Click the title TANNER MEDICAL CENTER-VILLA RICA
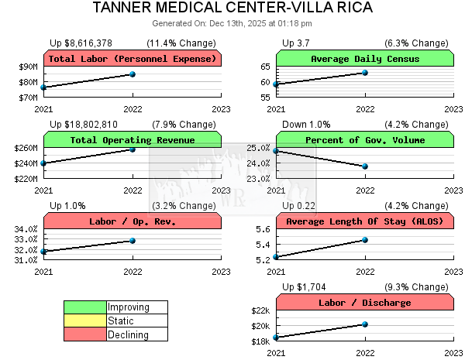232,8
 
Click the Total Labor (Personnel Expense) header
133,59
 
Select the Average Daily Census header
365,59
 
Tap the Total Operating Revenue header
133,140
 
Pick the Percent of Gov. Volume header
365,140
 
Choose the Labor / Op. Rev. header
133,221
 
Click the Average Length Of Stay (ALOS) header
365,221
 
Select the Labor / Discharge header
365,303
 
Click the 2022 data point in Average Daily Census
365,73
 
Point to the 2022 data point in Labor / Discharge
365,324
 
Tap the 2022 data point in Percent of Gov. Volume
365,166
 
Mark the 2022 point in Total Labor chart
133,74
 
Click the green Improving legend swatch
85,307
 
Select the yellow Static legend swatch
85,321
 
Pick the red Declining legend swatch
85,334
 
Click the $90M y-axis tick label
27,67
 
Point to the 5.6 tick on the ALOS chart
262,230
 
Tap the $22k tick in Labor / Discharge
260,311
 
